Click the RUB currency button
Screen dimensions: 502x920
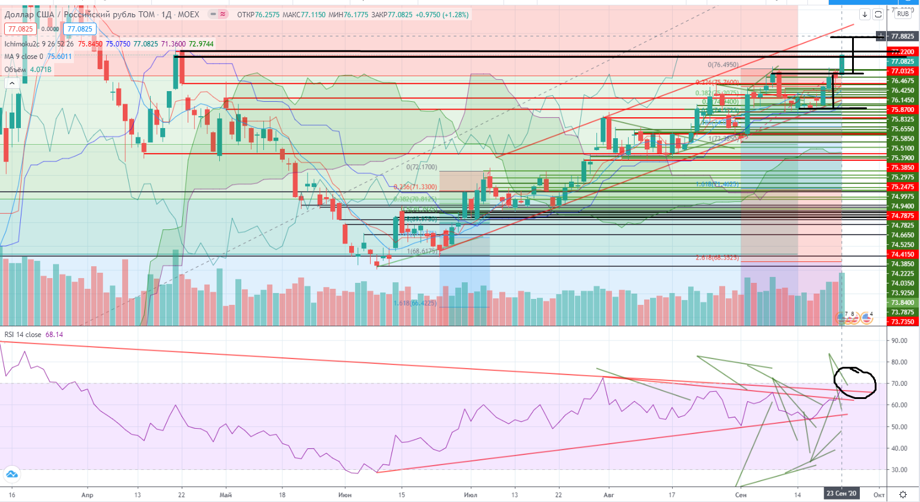coord(903,14)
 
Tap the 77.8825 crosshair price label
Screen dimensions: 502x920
coord(902,36)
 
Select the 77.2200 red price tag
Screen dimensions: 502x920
coord(902,52)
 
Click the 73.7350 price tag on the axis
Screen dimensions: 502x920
coord(902,322)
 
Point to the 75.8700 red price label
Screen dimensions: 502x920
coord(902,110)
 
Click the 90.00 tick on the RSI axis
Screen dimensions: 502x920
coord(899,341)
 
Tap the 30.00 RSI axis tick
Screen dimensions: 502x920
coord(899,470)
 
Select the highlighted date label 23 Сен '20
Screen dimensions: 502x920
coord(841,494)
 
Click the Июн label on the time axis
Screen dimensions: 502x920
coord(344,495)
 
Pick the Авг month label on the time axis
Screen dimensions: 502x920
coord(608,495)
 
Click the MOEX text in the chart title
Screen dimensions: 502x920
coord(188,14)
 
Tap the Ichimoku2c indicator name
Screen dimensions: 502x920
coord(22,44)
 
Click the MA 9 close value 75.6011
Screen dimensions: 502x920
coord(60,57)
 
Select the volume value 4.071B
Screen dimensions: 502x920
coord(41,70)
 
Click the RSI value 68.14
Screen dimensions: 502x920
coord(54,335)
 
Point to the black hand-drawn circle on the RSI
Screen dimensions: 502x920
coord(856,382)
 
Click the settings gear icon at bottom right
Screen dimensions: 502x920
coord(903,494)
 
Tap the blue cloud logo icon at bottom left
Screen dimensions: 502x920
coord(11,475)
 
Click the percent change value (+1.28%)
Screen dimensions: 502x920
coord(455,14)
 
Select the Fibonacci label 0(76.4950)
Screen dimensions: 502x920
coord(723,65)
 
